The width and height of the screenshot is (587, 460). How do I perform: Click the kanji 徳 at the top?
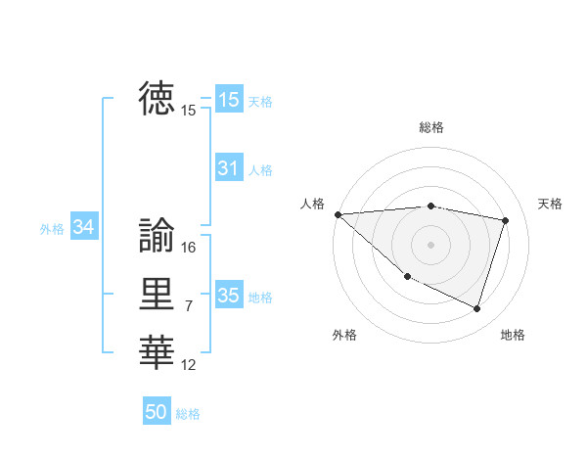pos(157,99)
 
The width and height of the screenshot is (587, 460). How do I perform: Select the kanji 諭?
pos(157,235)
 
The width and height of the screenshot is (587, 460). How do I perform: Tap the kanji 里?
pos(157,294)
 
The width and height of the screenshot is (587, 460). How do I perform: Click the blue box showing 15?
pos(228,99)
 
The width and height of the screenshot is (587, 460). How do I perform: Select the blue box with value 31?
pos(228,168)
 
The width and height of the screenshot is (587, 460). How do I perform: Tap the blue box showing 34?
pos(84,227)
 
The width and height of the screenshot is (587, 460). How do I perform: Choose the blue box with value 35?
pos(228,295)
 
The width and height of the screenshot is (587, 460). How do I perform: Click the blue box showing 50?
pos(157,412)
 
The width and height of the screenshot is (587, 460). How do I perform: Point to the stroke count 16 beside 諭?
pos(189,248)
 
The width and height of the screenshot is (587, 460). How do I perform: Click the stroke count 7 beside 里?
pos(189,306)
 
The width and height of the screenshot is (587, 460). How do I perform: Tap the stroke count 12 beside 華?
pos(189,365)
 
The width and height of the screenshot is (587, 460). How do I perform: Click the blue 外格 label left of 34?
pos(52,229)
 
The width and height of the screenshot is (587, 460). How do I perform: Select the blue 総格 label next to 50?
pos(188,414)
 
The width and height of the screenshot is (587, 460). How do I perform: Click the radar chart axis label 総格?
pos(430,127)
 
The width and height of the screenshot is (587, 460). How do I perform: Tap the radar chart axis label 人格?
pos(312,204)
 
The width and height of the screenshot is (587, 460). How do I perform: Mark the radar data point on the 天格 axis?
pos(506,220)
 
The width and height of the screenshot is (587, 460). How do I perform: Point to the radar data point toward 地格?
pos(476,309)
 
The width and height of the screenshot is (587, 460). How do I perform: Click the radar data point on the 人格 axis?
pos(338,214)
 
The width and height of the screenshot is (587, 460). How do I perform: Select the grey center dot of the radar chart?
pos(430,245)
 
